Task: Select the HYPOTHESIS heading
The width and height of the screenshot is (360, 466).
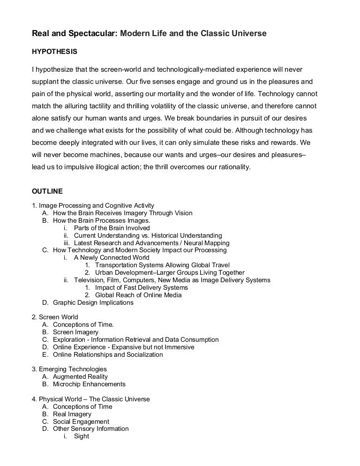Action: tap(54, 51)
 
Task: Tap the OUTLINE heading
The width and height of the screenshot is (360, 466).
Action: tap(47, 191)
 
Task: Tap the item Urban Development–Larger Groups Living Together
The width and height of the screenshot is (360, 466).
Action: tap(170, 273)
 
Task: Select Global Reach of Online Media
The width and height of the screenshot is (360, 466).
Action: tap(138, 295)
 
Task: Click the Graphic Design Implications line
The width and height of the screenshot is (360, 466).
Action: tap(93, 303)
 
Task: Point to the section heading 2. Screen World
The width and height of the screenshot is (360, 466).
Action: tap(55, 317)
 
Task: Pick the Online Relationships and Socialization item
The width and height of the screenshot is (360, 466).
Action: tap(108, 355)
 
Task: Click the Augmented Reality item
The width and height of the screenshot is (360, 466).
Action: tap(80, 377)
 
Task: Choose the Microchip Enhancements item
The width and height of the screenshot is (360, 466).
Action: tap(89, 384)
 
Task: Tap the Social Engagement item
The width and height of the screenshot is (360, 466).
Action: tap(81, 421)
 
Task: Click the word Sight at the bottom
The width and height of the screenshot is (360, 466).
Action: tap(81, 436)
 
